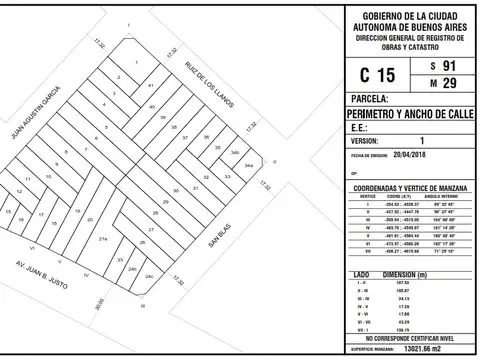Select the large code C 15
[362, 75]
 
